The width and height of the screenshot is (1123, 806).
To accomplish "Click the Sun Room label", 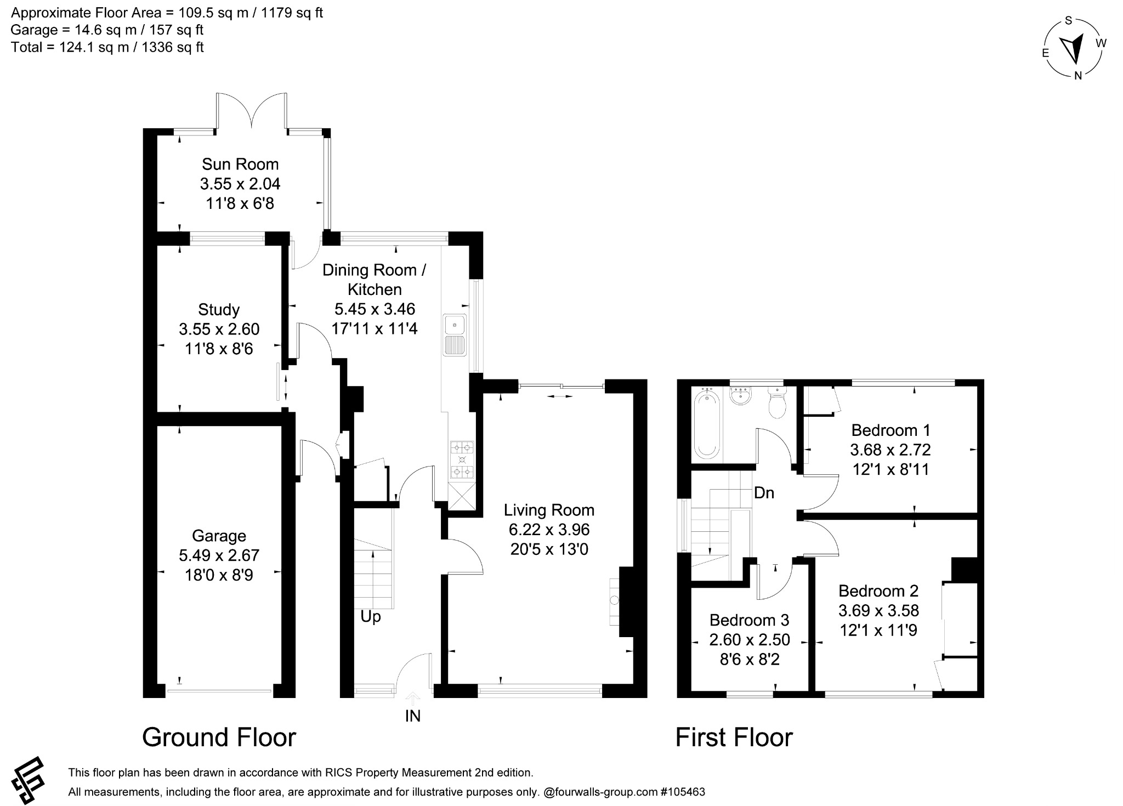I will pos(240,164).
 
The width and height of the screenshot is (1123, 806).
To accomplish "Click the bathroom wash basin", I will pos(741,396).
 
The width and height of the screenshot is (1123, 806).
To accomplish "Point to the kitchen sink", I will pos(455,334).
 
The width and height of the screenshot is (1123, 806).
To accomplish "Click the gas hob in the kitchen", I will pos(462,460).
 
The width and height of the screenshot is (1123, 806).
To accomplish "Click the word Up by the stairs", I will pos(371,617).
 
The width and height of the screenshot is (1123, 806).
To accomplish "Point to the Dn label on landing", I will pos(764,493).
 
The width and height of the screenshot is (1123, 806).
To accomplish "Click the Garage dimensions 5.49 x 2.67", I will pos(219,555).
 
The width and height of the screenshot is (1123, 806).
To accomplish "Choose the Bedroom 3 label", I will pos(749,620).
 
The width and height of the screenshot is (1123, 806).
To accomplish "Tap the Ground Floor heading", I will pos(219,737).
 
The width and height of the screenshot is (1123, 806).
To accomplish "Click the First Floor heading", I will pos(734,737).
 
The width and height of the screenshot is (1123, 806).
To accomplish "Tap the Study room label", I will pos(219,310).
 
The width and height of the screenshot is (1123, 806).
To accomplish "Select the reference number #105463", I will pos(683,792).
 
